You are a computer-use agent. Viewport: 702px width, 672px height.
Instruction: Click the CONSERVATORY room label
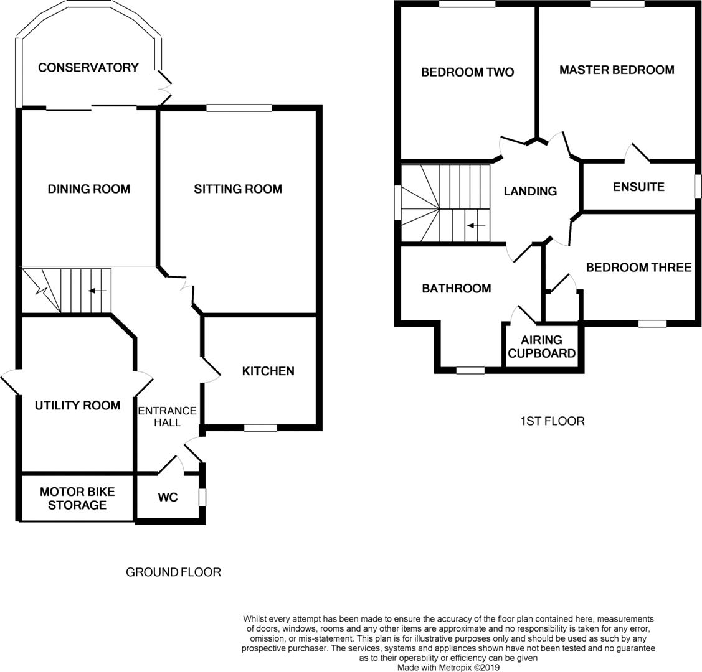pos(88,67)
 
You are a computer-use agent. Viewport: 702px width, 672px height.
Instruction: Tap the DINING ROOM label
pos(88,189)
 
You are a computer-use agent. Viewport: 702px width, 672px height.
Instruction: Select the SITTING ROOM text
pos(238,189)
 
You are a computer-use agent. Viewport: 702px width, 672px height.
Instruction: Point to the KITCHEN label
pos(268,371)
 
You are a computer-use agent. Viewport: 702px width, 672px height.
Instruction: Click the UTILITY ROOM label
pos(77,406)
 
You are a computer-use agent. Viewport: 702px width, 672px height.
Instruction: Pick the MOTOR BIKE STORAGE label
pos(77,498)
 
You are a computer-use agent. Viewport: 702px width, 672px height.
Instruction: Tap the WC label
pos(168,497)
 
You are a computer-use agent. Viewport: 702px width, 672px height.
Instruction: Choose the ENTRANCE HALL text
pos(167,417)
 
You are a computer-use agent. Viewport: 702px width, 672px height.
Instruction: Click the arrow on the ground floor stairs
pos(97,291)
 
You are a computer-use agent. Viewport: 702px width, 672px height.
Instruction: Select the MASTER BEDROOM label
pos(616,70)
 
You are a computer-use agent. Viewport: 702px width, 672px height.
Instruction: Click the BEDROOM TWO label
pos(467,72)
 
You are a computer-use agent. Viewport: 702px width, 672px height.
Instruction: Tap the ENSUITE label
pos(638,187)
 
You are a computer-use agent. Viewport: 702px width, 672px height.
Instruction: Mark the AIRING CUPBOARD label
pos(541,347)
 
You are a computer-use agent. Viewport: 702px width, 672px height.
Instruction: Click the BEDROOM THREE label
pos(638,268)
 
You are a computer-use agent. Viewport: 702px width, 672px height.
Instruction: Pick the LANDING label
pos(530,191)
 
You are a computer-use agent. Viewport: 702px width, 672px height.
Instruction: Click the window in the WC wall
pos(202,497)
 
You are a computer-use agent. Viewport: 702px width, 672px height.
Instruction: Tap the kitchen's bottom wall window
pos(260,427)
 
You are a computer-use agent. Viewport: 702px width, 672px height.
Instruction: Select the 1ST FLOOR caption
pos(553,421)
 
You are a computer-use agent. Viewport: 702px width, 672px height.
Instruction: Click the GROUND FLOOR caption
pos(173,572)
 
